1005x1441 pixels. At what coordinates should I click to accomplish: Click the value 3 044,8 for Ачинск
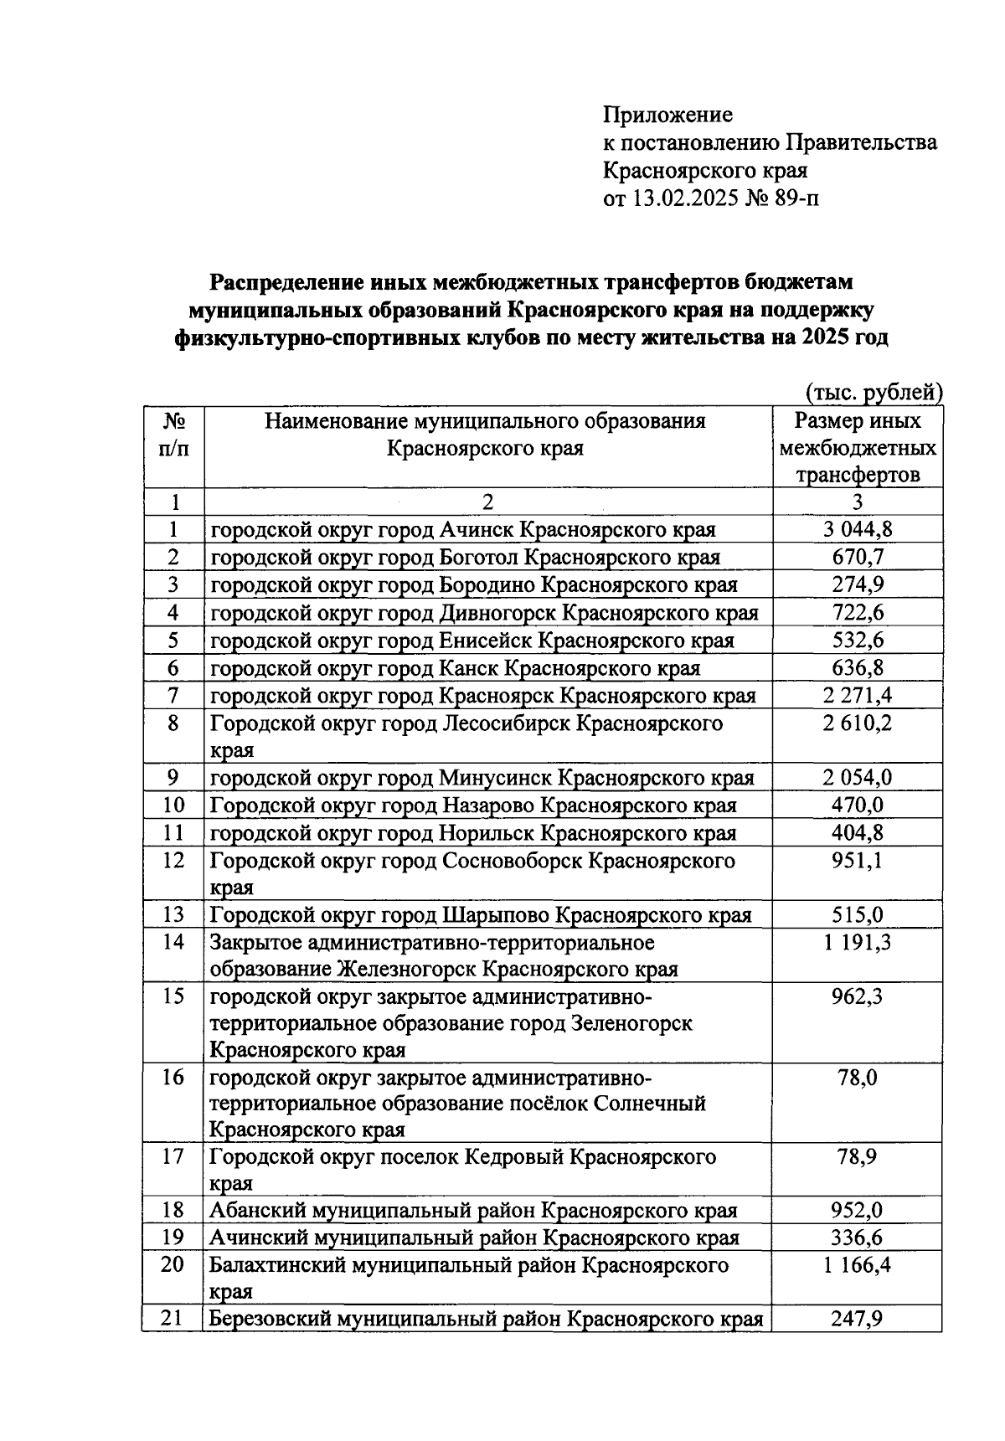pyautogui.click(x=857, y=530)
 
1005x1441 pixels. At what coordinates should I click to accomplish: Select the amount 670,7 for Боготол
pyautogui.click(x=857, y=558)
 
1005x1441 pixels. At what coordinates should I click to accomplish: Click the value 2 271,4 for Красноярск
pyautogui.click(x=857, y=696)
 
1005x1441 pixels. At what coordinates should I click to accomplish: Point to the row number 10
pyautogui.click(x=173, y=805)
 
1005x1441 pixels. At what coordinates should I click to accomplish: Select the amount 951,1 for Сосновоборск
pyautogui.click(x=857, y=861)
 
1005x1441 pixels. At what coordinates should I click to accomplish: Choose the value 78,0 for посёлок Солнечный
pyautogui.click(x=857, y=1078)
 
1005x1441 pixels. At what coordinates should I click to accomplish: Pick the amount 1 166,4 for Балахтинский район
pyautogui.click(x=857, y=1265)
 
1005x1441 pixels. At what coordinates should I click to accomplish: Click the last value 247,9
pyautogui.click(x=857, y=1320)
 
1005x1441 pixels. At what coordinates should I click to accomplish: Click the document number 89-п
pyautogui.click(x=794, y=199)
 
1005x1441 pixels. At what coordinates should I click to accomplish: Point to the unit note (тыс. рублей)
pyautogui.click(x=874, y=392)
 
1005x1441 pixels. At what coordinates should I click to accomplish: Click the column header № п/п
pyautogui.click(x=173, y=434)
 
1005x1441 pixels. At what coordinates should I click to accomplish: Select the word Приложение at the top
pyautogui.click(x=667, y=115)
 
